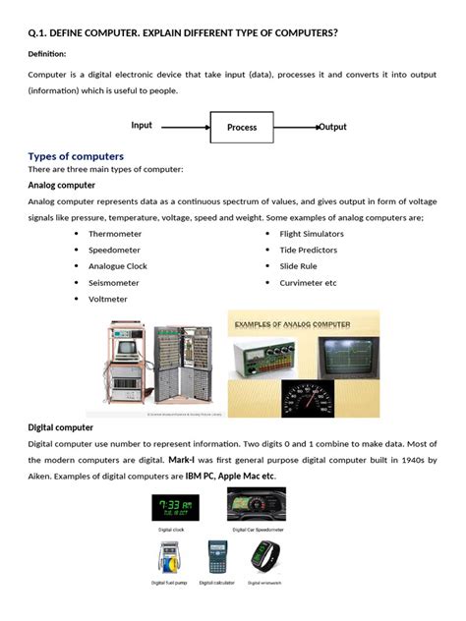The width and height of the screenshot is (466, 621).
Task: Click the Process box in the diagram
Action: point(241,127)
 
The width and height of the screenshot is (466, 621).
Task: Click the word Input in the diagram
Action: point(142,126)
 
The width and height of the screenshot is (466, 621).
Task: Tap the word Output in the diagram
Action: point(332,127)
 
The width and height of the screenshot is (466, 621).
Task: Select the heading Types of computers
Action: point(76,156)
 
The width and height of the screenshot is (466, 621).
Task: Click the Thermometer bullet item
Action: point(114,234)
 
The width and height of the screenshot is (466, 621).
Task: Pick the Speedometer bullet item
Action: point(115,250)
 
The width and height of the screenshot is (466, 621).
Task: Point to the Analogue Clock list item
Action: point(117,266)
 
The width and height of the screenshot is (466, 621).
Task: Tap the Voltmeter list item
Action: point(107,299)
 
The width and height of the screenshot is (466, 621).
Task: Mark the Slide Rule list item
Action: point(298,266)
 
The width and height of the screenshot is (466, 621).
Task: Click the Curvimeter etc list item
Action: point(308,282)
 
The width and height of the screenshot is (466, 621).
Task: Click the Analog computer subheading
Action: point(61,185)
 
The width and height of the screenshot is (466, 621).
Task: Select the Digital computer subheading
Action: point(61,427)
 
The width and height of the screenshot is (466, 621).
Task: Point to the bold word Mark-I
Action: point(184,460)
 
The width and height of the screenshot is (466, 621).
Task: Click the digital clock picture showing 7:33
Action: point(172,507)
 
